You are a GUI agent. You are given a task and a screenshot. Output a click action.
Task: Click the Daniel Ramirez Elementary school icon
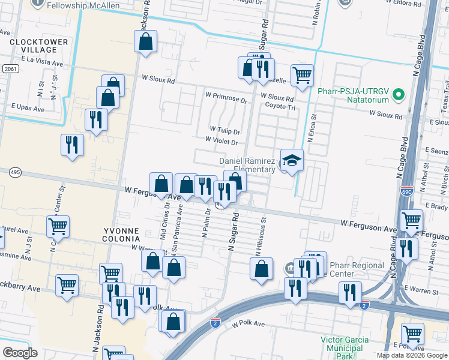tap(292, 160)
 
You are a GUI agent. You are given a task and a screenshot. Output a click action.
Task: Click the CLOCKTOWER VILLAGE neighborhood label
tap(34, 47)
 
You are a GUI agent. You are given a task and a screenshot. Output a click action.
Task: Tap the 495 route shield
tap(16, 173)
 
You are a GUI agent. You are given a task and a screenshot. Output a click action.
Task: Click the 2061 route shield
tap(9, 69)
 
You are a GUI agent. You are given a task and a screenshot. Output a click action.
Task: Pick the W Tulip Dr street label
tap(224, 130)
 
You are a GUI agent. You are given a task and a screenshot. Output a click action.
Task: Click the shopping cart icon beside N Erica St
tap(302, 76)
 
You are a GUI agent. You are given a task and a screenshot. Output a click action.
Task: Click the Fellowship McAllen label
tap(85, 5)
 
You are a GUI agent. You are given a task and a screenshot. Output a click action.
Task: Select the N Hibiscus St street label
tap(262, 230)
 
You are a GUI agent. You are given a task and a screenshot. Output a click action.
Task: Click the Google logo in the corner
tap(20, 353)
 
